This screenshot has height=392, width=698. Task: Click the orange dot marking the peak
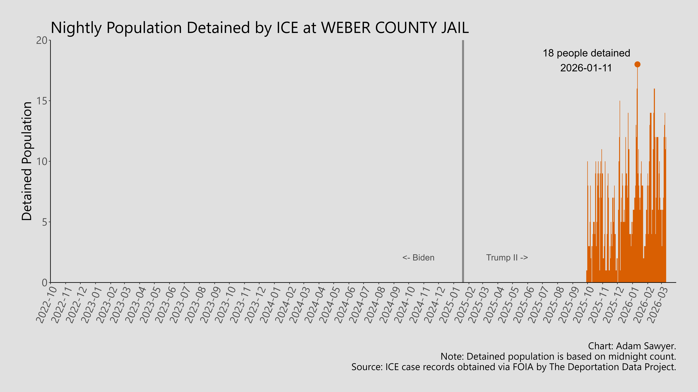tap(637, 64)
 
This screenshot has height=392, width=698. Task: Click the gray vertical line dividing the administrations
tap(463, 162)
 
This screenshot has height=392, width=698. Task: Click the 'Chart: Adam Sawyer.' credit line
tap(632, 346)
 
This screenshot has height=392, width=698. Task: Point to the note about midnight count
tap(558, 357)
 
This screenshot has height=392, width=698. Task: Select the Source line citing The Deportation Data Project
tap(513, 367)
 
